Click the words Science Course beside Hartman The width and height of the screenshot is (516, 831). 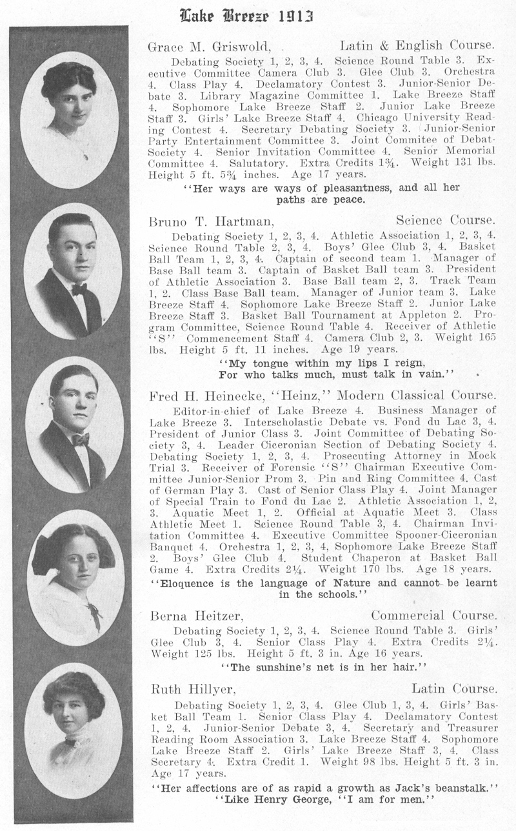pos(445,221)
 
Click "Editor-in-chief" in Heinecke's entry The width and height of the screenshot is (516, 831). pos(211,411)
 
